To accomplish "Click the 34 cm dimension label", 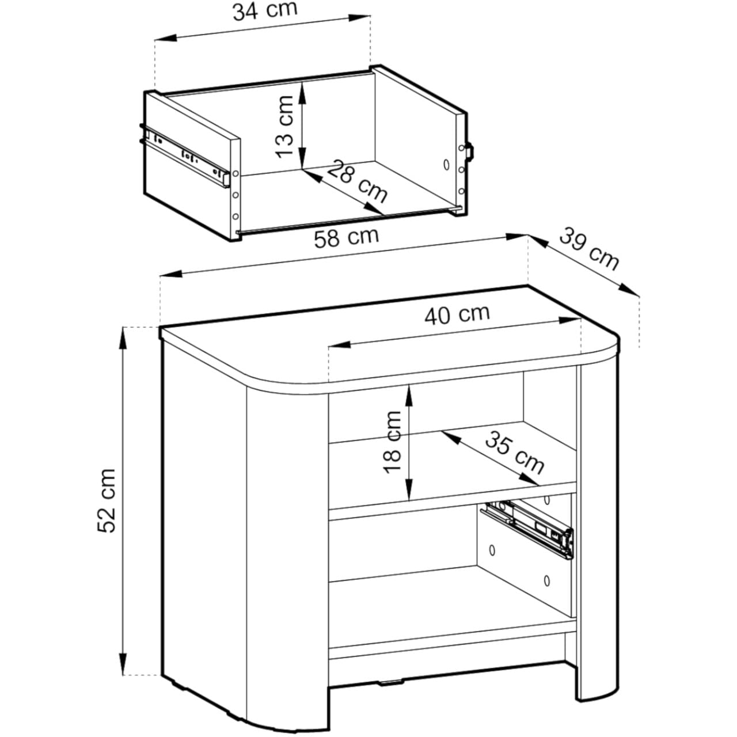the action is point(265,10).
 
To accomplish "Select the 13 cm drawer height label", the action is point(285,127).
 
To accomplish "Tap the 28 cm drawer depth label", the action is point(357,181).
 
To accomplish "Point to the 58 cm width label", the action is point(347,237).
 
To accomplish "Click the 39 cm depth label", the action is point(588,249).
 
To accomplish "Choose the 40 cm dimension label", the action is point(457,315).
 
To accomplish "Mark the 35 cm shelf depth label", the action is point(514,453).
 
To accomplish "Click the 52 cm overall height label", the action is point(107,500).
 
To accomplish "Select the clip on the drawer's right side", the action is point(470,151).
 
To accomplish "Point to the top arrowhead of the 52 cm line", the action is point(123,339).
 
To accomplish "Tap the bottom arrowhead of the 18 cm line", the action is point(409,489).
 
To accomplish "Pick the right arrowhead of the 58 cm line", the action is point(516,237).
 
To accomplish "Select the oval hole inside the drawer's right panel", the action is point(446,165).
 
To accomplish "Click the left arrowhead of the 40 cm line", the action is point(339,344).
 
